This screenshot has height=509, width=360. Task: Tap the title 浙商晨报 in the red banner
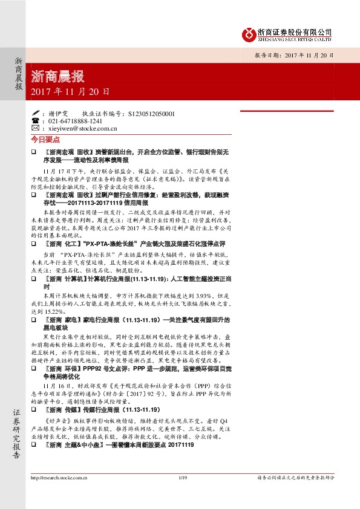[x=58, y=77]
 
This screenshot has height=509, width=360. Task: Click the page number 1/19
[x=180, y=495]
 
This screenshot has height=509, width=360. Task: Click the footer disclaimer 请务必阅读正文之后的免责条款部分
[x=296, y=495]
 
